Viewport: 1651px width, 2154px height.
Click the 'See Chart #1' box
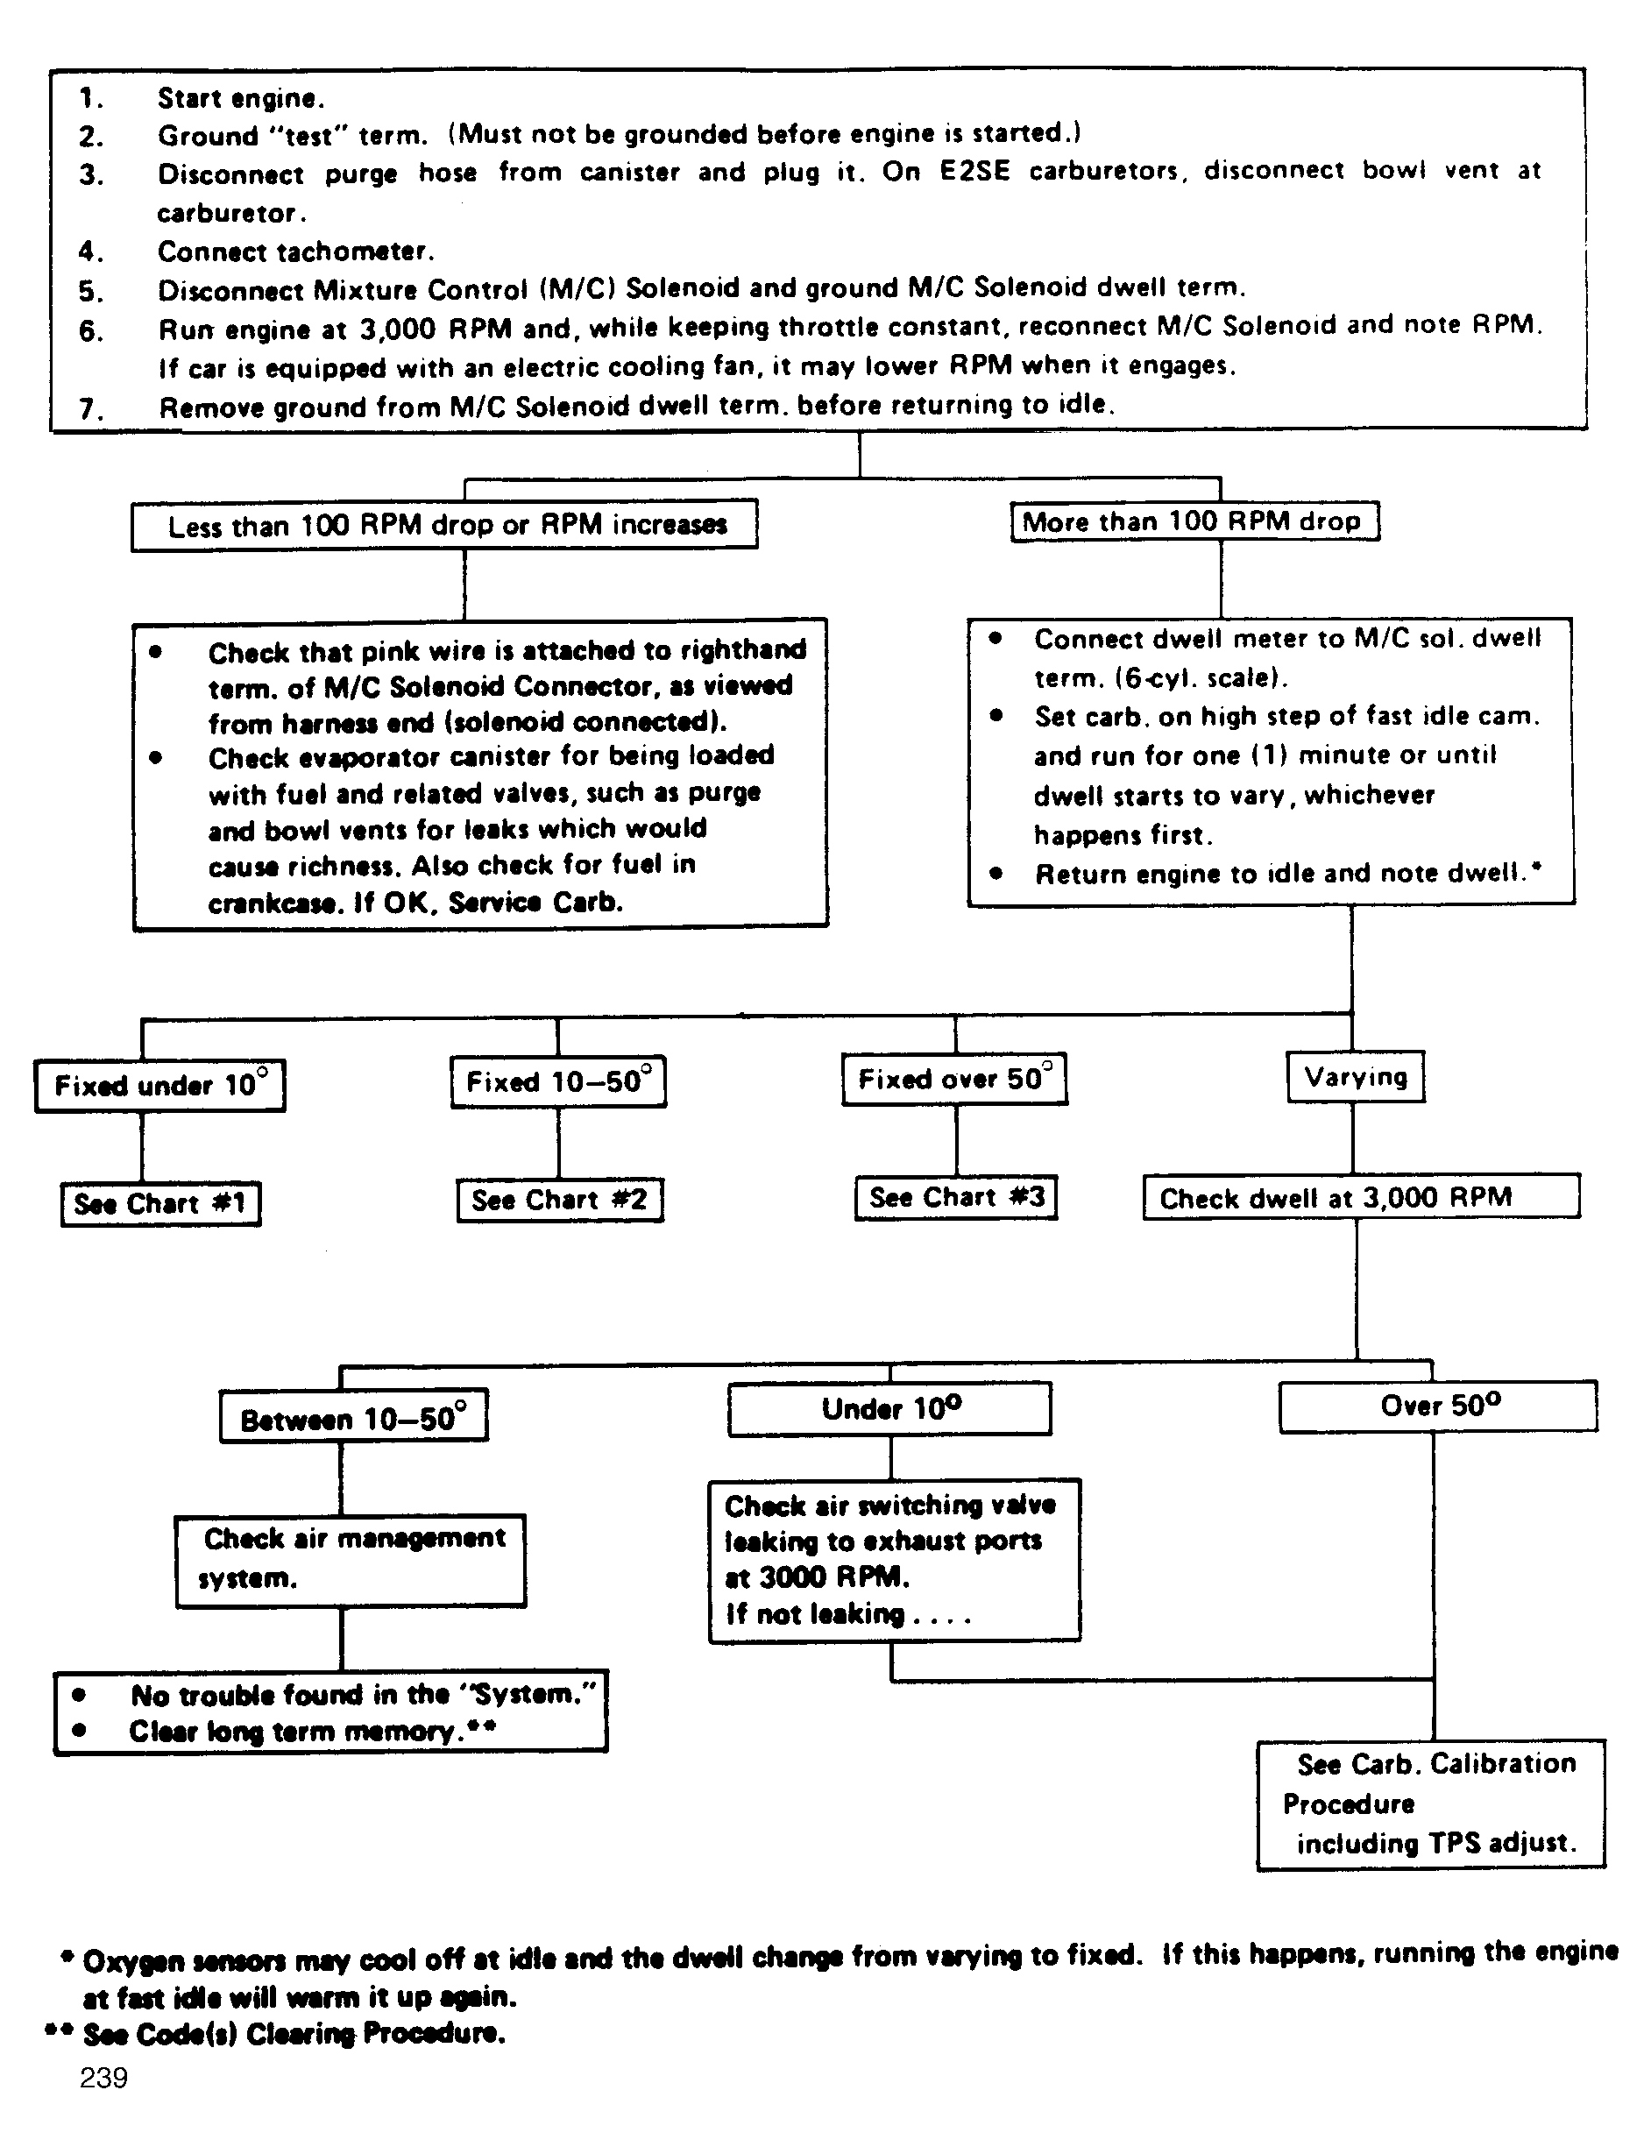tap(160, 1204)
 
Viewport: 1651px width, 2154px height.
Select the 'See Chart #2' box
tap(559, 1200)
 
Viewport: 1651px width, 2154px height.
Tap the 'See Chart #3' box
tap(956, 1197)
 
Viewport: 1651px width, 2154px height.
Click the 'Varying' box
tap(1355, 1077)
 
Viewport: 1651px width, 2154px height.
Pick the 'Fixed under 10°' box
tap(160, 1085)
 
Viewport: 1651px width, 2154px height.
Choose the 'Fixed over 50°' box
tap(954, 1079)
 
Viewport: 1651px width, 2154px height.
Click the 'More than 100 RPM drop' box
tap(1194, 521)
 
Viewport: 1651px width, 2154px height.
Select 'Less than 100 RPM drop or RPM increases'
tap(444, 525)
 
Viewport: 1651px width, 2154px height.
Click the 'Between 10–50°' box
tap(353, 1419)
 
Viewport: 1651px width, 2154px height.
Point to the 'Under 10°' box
tap(889, 1408)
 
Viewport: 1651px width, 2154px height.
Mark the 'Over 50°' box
tap(1438, 1406)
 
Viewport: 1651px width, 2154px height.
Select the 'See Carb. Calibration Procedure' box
tap(1431, 1804)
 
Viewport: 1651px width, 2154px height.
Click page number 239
tap(103, 2078)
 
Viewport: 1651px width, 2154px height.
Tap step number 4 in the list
tap(91, 252)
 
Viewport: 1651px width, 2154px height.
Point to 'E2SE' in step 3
tap(974, 171)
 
